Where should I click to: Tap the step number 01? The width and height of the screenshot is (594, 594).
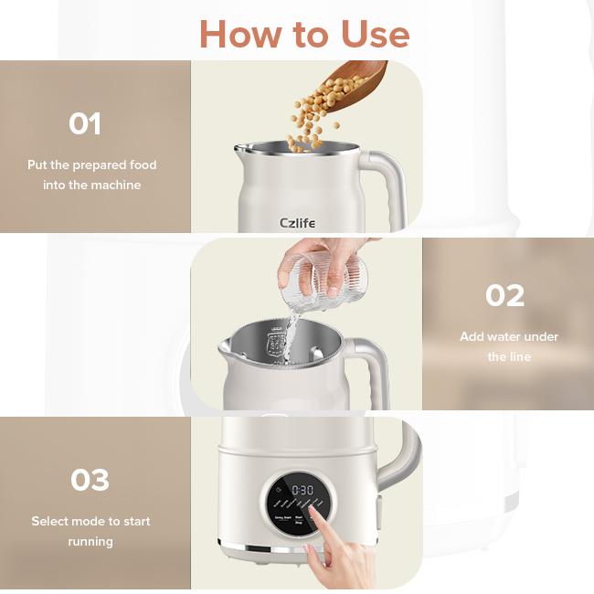(x=85, y=123)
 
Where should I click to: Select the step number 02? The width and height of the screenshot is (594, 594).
(x=505, y=295)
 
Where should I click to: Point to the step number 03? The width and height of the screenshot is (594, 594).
(x=90, y=480)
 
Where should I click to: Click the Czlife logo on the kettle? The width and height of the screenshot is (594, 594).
(x=298, y=223)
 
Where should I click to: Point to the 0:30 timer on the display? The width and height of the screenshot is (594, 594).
(x=302, y=491)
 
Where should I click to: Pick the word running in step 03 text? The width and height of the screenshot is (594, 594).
(x=90, y=541)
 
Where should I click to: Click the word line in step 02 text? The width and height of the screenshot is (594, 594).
(x=520, y=356)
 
